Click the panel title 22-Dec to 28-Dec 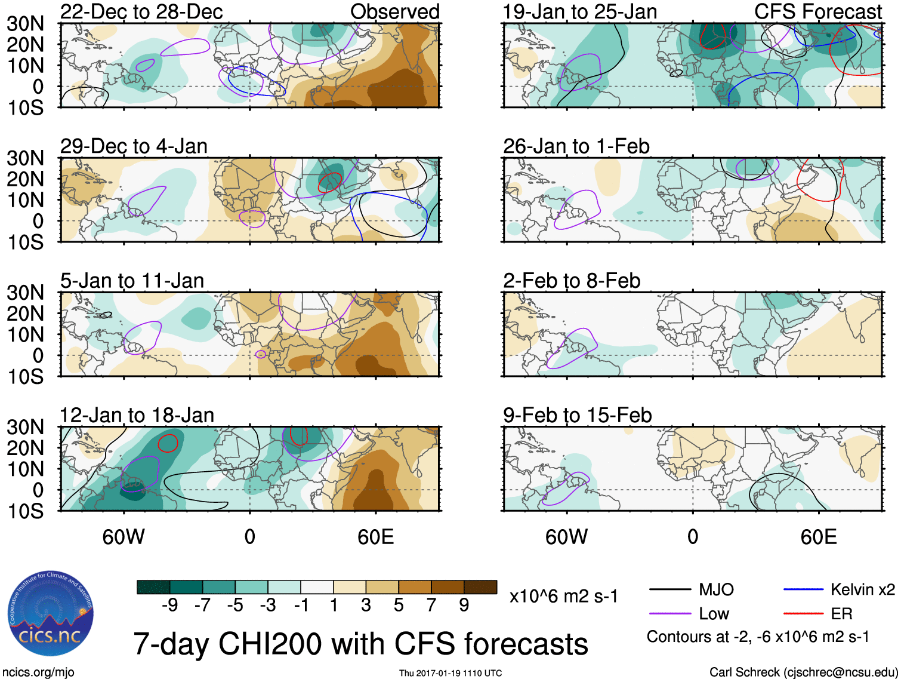click(x=141, y=11)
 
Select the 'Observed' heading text click(x=394, y=11)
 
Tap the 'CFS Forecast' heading click(x=817, y=11)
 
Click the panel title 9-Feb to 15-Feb click(x=577, y=415)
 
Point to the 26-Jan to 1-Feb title click(x=576, y=146)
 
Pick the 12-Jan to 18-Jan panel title click(x=137, y=415)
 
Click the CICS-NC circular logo click(x=50, y=613)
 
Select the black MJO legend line click(x=669, y=590)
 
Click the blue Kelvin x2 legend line click(x=803, y=590)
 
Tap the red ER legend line click(x=803, y=613)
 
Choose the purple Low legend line click(x=669, y=613)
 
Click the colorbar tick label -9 click(x=169, y=606)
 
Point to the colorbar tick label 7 click(x=431, y=606)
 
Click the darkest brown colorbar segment click(x=480, y=587)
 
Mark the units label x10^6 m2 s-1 click(x=563, y=596)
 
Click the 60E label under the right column click(x=818, y=537)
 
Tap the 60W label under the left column click(x=124, y=537)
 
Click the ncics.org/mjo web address click(x=38, y=672)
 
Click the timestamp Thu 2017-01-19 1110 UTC click(x=450, y=673)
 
